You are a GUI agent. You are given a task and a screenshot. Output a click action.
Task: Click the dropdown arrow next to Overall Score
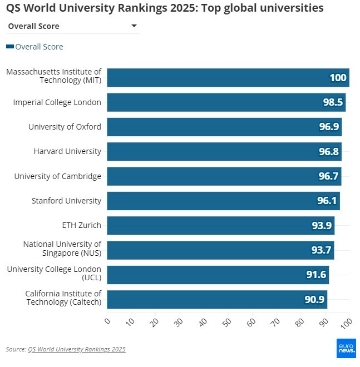(x=134, y=26)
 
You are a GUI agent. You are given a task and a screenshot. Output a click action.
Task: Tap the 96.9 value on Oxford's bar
(x=329, y=127)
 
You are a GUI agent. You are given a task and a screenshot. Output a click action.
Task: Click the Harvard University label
(x=67, y=151)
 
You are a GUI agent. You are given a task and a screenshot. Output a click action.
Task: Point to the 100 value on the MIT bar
(x=338, y=78)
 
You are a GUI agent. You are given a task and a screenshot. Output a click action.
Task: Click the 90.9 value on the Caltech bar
(x=314, y=299)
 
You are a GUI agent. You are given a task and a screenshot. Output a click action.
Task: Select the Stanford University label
(x=66, y=201)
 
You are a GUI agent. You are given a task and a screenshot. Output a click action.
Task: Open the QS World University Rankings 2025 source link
(x=77, y=349)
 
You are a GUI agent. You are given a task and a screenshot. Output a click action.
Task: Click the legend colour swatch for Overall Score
(x=9, y=47)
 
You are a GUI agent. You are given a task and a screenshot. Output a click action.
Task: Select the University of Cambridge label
(x=58, y=176)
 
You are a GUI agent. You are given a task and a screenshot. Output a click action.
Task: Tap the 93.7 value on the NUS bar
(x=321, y=250)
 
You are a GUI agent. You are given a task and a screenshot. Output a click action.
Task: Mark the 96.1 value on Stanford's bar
(x=327, y=201)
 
